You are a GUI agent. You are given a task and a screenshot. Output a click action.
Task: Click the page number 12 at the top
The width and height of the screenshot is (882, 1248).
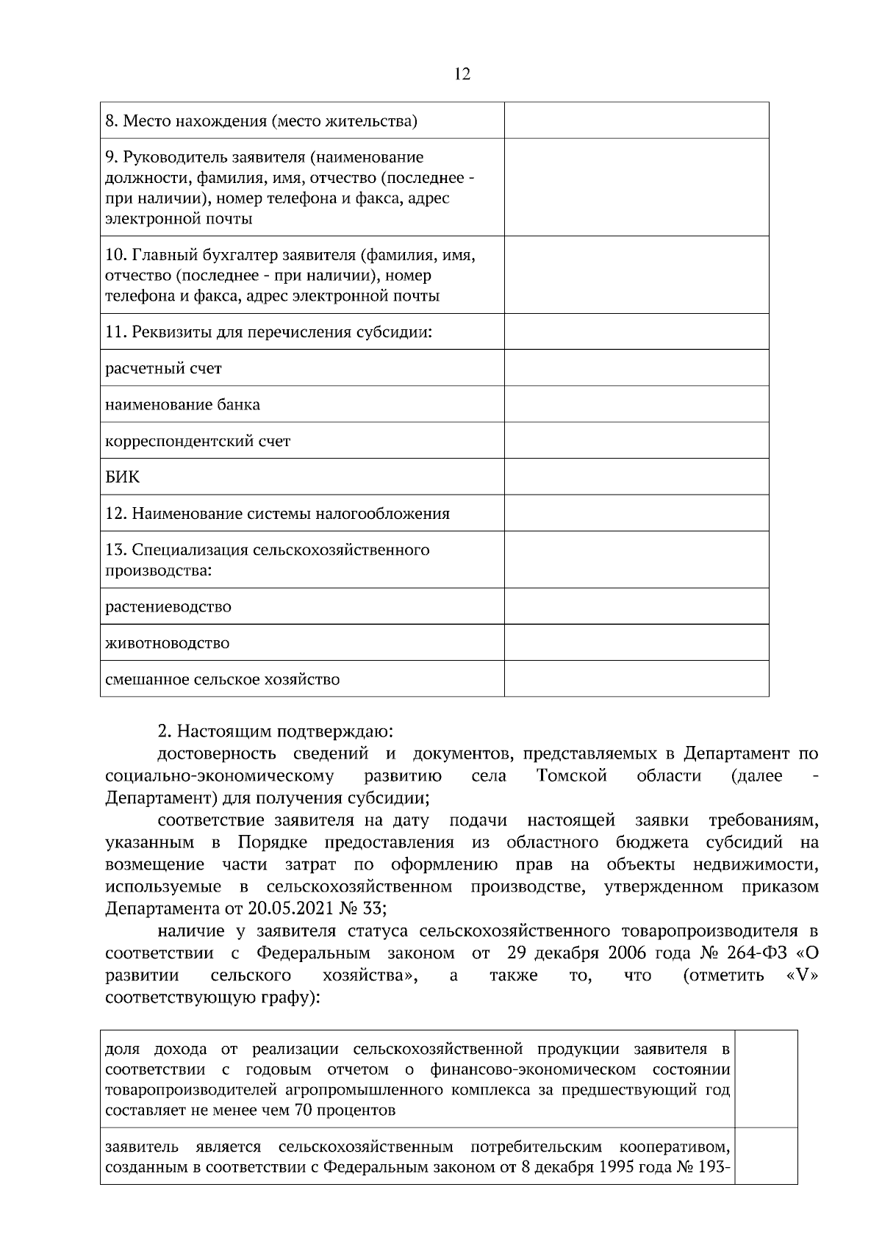pos(462,74)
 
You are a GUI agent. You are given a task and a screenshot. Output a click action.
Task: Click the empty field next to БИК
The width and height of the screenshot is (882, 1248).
pos(637,477)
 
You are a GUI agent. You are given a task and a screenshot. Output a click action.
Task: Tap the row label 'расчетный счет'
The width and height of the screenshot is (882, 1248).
pos(164,368)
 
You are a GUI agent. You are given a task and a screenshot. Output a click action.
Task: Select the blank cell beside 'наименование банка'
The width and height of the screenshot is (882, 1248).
pos(637,404)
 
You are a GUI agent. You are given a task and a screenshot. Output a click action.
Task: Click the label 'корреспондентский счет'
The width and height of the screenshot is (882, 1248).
pos(198,441)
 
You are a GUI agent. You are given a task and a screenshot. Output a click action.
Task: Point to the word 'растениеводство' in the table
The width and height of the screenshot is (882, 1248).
pos(168,607)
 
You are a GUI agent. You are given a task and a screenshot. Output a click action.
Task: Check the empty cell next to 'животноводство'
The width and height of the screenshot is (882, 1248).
pos(637,643)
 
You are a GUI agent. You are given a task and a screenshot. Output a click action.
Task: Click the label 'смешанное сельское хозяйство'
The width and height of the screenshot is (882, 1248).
pos(223,679)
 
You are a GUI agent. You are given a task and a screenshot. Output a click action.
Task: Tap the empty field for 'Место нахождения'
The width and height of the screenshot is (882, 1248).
pos(637,121)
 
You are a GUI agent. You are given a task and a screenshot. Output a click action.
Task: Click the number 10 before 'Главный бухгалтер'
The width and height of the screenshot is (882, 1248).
pos(116,255)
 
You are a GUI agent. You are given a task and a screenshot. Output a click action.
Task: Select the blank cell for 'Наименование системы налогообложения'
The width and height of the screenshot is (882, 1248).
pos(637,513)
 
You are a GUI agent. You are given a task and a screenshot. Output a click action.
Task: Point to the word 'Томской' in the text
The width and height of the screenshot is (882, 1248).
pos(571,776)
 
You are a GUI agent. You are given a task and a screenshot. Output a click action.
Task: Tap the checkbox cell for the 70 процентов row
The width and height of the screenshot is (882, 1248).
pos(767,1078)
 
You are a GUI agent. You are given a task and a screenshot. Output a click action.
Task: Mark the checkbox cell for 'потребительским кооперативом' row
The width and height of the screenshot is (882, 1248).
pos(767,1156)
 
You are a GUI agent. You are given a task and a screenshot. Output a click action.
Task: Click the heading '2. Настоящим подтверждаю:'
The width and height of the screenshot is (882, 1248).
pos(276,732)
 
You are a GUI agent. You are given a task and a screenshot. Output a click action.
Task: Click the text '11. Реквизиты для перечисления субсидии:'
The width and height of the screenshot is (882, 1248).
pos(268,331)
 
